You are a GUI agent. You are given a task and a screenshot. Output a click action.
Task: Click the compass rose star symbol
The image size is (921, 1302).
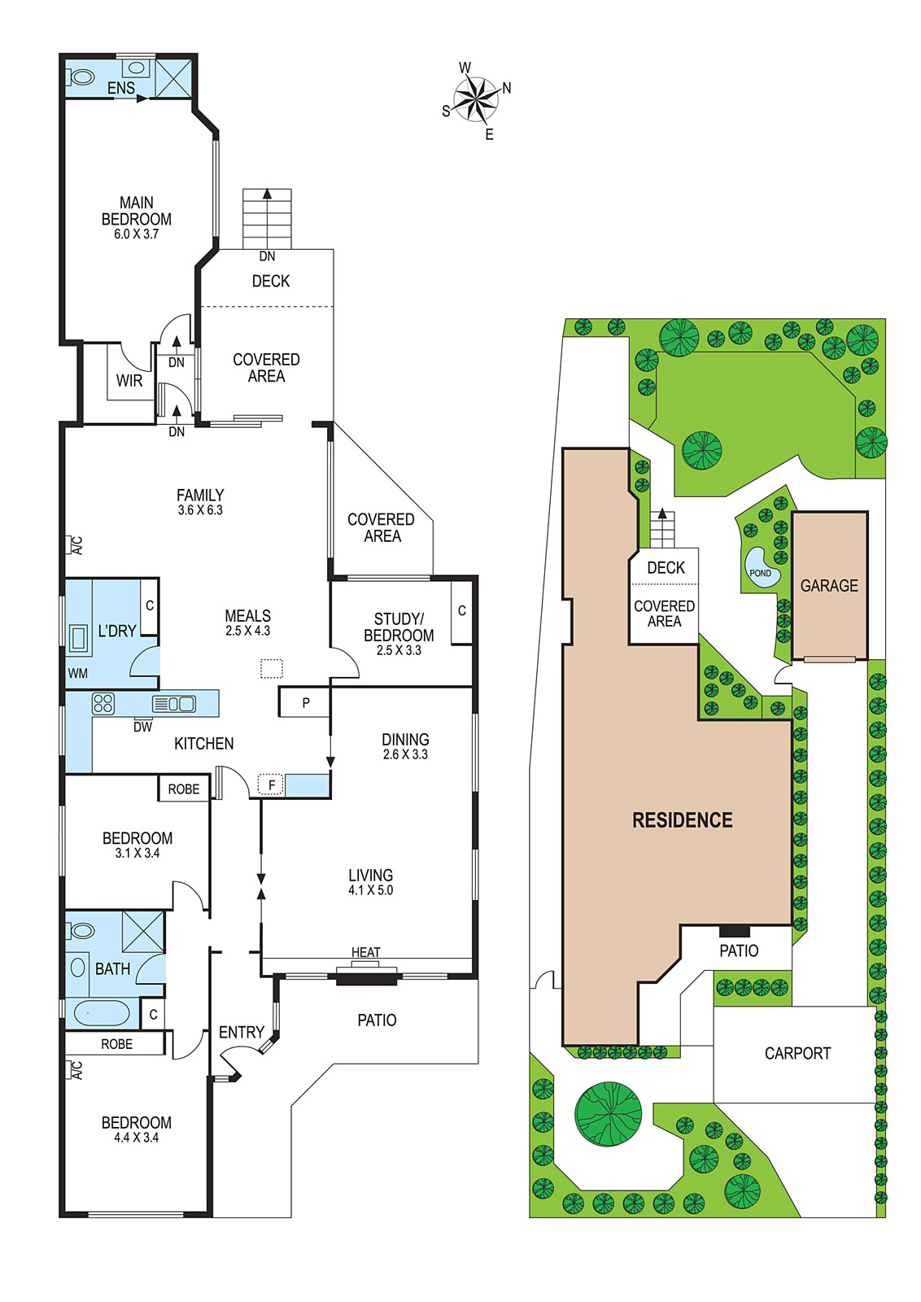(x=477, y=100)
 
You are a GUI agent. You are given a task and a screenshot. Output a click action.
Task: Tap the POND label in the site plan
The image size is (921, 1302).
(x=760, y=573)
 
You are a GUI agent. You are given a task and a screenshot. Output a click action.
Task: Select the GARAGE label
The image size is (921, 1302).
(x=829, y=585)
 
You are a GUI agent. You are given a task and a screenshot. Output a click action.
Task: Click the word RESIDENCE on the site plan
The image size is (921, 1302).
(x=682, y=819)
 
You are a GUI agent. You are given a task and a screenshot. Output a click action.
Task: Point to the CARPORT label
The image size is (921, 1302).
(x=797, y=1053)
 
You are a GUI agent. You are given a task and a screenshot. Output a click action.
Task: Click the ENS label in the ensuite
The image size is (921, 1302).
(x=121, y=88)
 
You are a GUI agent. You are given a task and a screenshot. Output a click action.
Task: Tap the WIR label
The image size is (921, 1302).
(x=129, y=381)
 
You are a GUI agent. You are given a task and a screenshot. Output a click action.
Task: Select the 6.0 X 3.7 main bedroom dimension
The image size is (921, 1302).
(x=137, y=234)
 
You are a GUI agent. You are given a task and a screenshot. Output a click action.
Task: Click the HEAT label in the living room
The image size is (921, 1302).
(x=366, y=952)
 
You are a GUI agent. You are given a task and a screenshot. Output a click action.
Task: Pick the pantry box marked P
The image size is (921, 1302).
(x=305, y=702)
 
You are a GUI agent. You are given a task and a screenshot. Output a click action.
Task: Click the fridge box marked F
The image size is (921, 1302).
(x=271, y=785)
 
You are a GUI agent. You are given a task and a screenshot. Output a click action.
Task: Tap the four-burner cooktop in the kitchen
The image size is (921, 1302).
(x=103, y=703)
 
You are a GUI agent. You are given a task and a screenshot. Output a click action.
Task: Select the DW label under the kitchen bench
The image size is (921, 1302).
(x=142, y=727)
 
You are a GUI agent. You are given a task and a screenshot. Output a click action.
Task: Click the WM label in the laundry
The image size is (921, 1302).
(x=78, y=673)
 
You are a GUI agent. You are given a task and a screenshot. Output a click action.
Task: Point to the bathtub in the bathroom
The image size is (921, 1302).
(x=102, y=1013)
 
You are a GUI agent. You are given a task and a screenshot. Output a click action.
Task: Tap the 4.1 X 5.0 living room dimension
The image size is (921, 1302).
(x=371, y=890)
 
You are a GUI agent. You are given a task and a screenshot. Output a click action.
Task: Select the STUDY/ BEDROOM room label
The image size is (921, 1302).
(x=399, y=627)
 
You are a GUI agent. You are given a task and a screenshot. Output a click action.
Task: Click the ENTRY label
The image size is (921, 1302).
(x=242, y=1033)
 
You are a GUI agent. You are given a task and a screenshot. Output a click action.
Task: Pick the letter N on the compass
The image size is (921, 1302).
(x=507, y=88)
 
